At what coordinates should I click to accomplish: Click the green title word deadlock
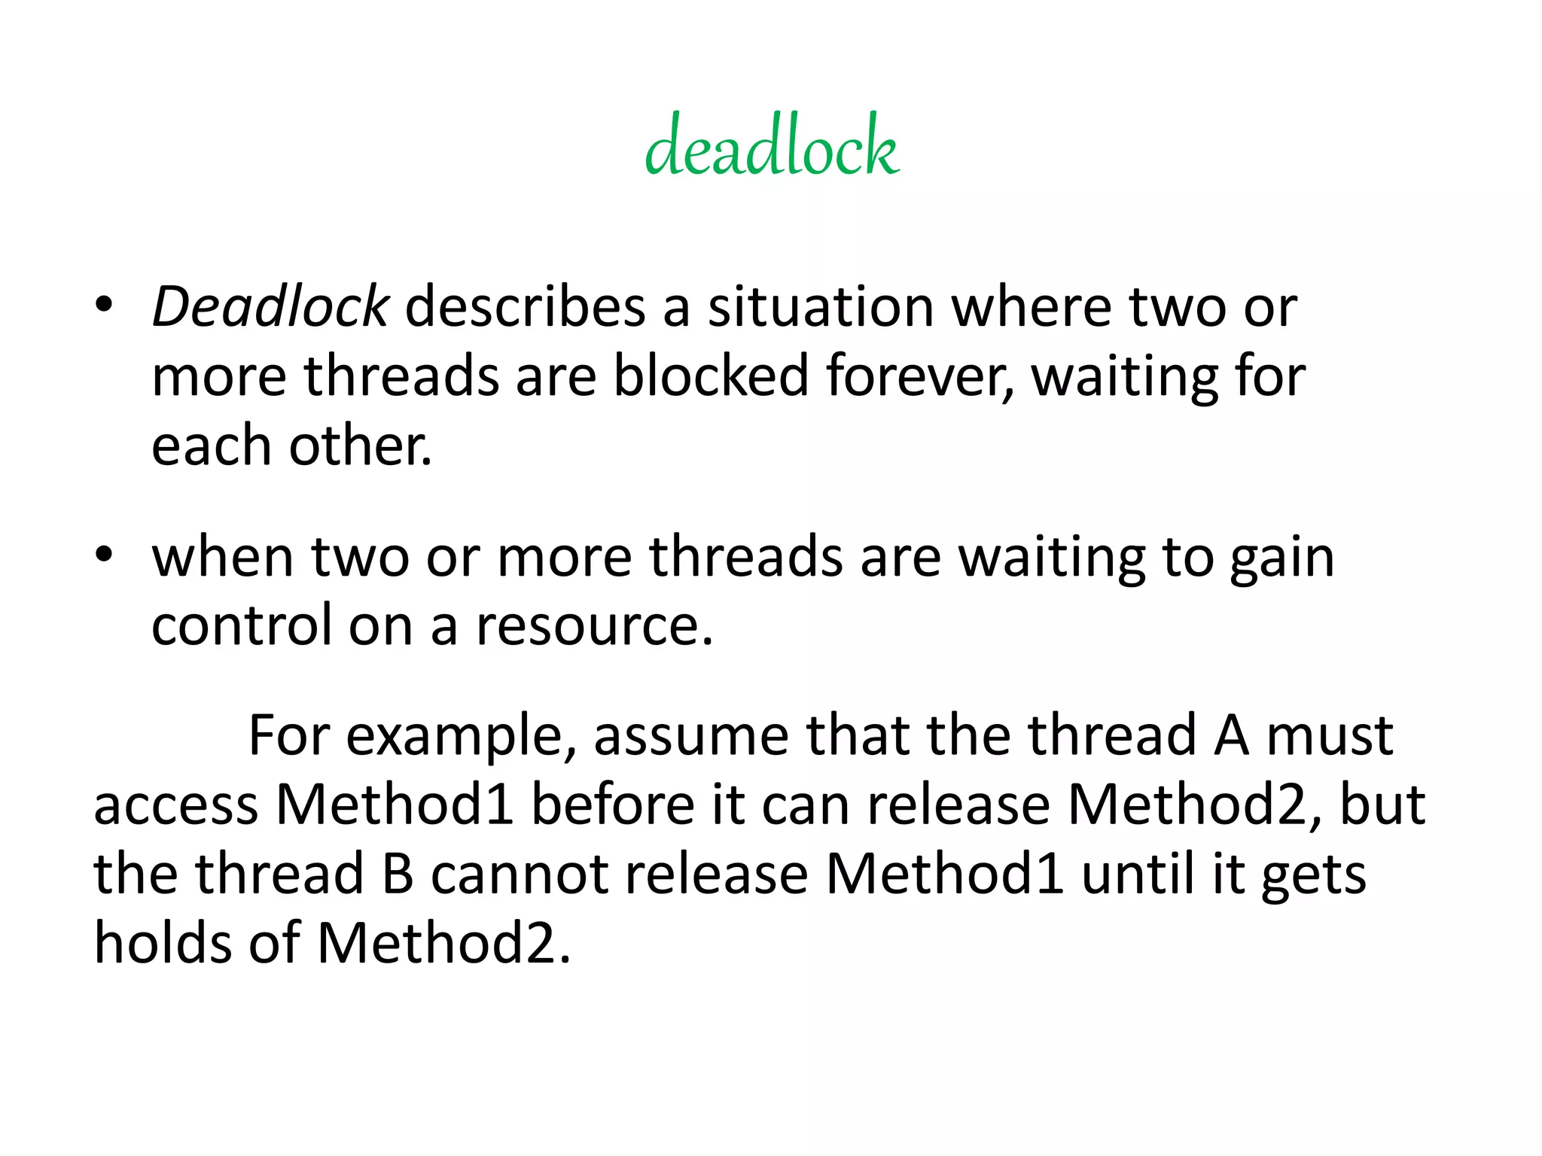click(x=772, y=146)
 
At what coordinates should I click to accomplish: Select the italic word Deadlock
click(x=270, y=307)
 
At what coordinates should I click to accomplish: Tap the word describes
click(x=525, y=307)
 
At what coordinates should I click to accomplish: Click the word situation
click(x=821, y=307)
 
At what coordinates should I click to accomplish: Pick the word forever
click(x=919, y=376)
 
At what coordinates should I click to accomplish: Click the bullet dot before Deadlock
click(x=104, y=305)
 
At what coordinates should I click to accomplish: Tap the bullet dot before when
click(x=104, y=555)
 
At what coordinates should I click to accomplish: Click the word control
click(x=242, y=625)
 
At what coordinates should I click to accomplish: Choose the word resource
click(x=594, y=625)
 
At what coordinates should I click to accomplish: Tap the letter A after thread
click(x=1231, y=735)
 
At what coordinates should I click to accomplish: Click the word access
click(x=176, y=805)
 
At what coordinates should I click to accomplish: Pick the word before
click(x=614, y=805)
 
